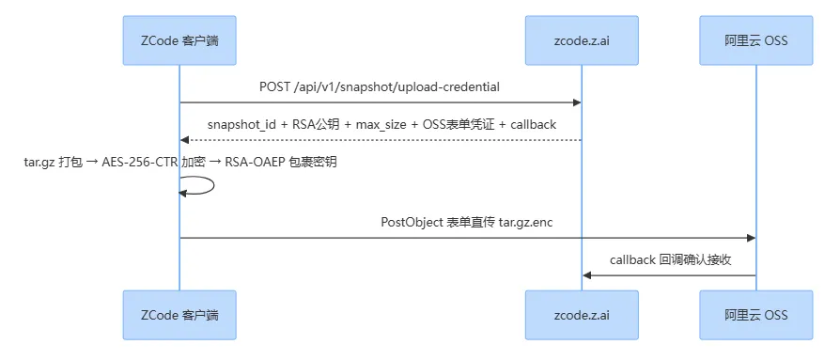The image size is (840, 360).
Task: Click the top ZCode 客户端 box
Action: [x=179, y=40]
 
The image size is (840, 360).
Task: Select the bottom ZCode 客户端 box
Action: [x=179, y=315]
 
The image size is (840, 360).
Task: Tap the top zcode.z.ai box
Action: [x=582, y=40]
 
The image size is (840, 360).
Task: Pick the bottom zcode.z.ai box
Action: [x=582, y=315]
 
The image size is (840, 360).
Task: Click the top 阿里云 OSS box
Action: [x=755, y=40]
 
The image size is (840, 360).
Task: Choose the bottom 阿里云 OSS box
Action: [x=755, y=315]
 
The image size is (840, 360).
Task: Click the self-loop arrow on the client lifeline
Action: [x=213, y=185]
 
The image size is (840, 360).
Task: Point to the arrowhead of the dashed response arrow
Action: [x=184, y=140]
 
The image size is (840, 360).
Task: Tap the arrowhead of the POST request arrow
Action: [x=578, y=102]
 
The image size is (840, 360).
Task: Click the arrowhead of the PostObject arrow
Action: [x=752, y=238]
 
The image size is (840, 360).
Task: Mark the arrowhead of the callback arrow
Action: [x=586, y=275]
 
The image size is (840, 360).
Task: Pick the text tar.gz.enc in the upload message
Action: [x=525, y=223]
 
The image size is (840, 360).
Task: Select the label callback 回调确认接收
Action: [x=671, y=260]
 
